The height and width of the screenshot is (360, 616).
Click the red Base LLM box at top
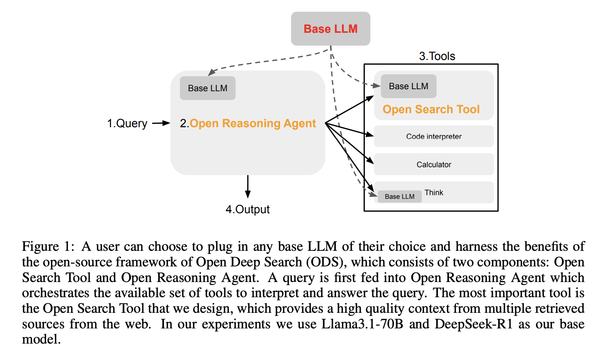pos(330,29)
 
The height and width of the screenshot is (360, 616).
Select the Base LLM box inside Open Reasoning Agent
pos(208,88)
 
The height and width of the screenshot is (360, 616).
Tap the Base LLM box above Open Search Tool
pos(408,86)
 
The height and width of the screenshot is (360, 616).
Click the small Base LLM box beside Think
pos(399,196)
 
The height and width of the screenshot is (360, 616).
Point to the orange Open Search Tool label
pos(431,109)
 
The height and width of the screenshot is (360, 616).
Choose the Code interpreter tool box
pos(434,136)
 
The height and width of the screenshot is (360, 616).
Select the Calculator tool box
pos(434,164)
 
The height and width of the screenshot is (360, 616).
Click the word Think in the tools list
pos(434,192)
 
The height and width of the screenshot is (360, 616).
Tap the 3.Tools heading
pos(437,56)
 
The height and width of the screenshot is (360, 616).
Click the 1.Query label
pos(127,123)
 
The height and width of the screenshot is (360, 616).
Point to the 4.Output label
pos(248,209)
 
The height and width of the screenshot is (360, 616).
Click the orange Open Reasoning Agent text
pos(252,123)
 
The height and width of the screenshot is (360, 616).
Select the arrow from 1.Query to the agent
pos(161,123)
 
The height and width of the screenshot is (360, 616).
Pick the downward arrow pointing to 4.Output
pos(248,186)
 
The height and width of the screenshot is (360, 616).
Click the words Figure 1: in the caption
pos(48,246)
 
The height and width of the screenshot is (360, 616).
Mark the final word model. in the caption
pos(41,340)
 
